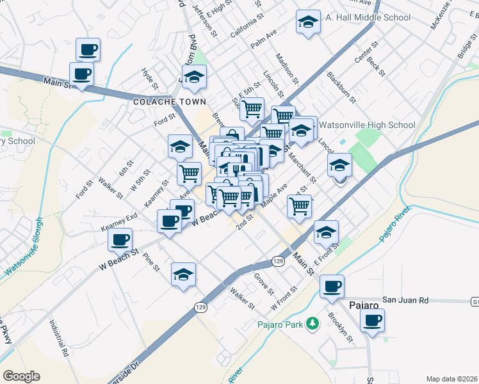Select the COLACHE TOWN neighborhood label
(x=170, y=102)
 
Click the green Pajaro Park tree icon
(x=312, y=323)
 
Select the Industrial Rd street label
(x=60, y=338)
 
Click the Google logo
(x=21, y=376)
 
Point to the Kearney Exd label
(x=119, y=222)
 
